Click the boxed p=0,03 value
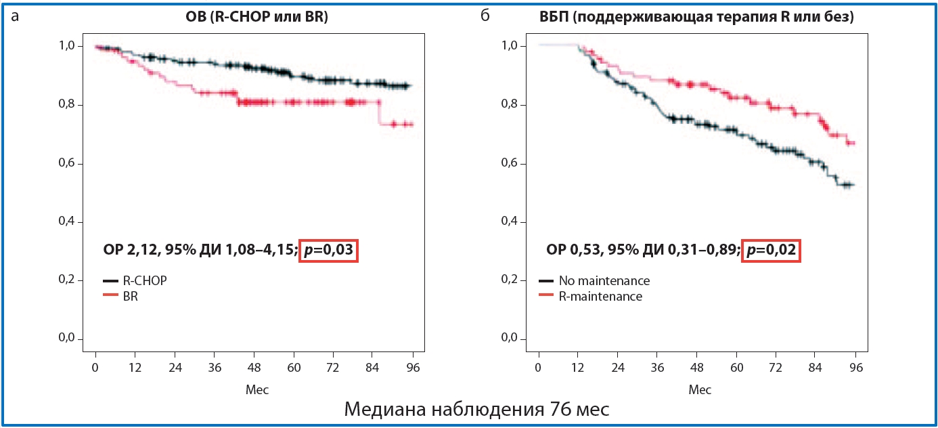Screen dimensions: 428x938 click(328, 251)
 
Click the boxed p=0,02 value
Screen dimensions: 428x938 click(772, 251)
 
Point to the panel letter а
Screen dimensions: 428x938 click(15, 16)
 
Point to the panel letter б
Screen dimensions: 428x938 click(484, 16)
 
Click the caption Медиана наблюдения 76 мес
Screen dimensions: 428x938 click(476, 410)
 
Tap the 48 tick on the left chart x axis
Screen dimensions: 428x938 click(254, 368)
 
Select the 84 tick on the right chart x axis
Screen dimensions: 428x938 click(816, 368)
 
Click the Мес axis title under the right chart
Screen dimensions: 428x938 click(700, 389)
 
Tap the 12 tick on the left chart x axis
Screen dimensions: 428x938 click(135, 368)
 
